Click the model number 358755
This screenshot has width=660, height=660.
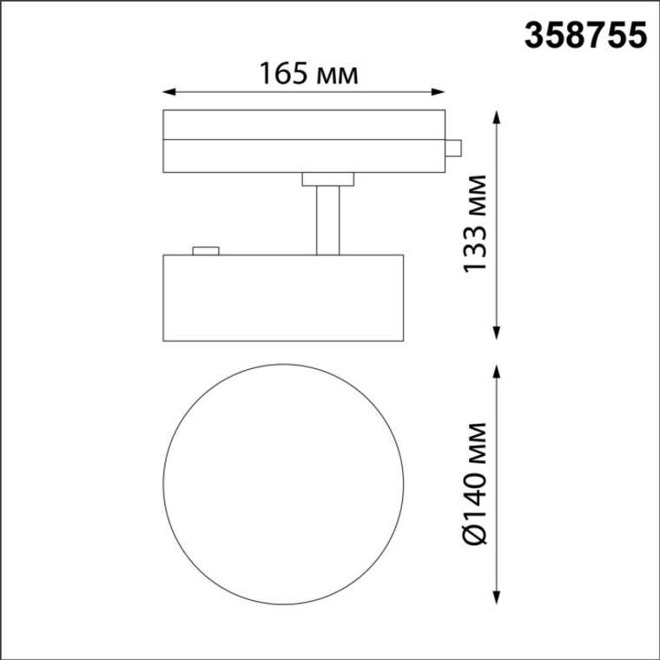click(585, 36)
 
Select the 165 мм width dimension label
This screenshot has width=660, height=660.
click(309, 74)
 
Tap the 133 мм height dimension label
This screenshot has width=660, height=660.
click(475, 224)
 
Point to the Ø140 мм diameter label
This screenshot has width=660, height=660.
click(475, 483)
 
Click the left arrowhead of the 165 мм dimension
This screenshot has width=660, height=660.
click(168, 92)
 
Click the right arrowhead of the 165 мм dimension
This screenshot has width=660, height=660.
click(439, 92)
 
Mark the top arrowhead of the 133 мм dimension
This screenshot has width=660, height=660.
click(497, 117)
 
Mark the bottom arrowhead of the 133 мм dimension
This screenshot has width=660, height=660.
click(497, 333)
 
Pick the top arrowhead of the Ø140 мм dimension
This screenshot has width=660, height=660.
click(497, 372)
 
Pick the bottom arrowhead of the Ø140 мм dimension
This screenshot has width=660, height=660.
click(497, 597)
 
